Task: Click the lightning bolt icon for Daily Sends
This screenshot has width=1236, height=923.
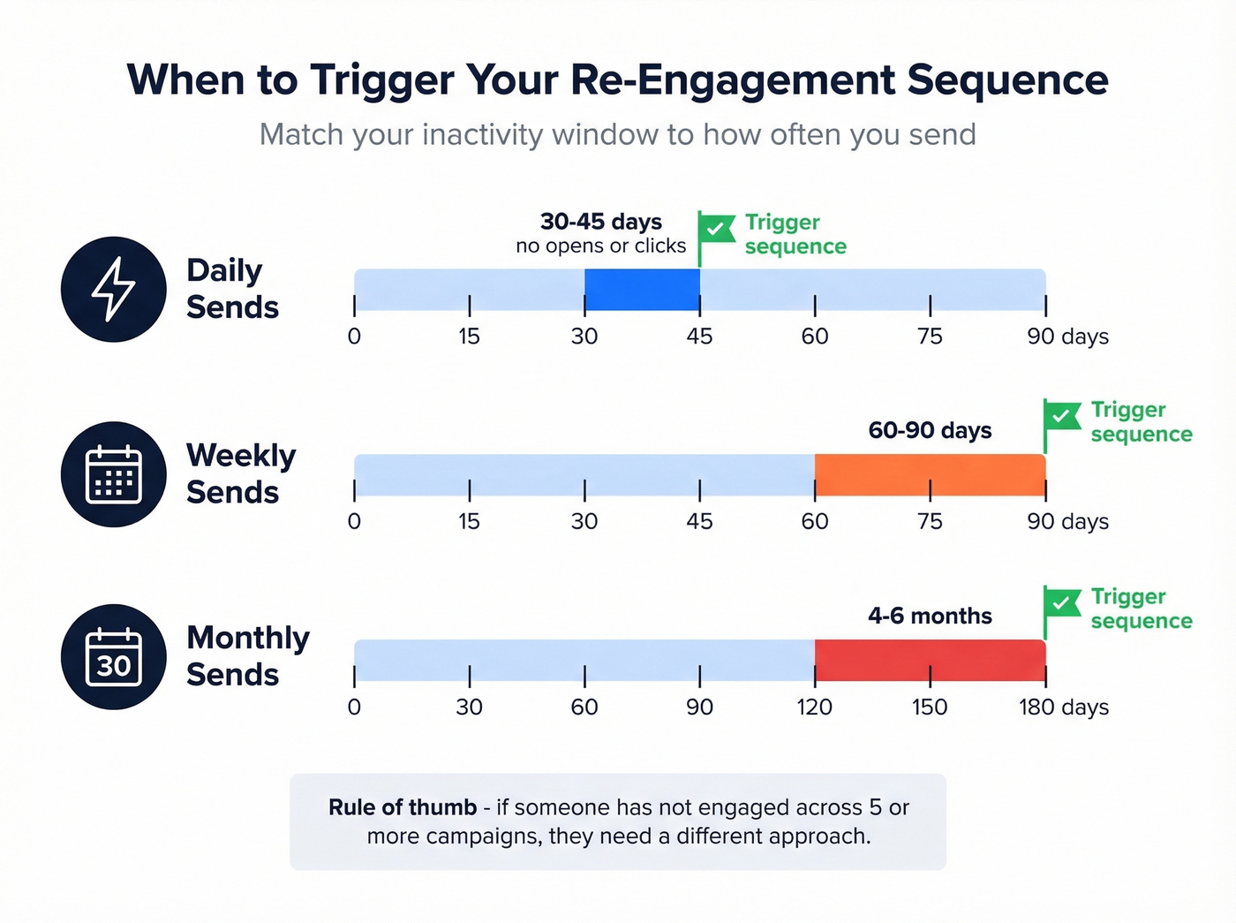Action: (113, 289)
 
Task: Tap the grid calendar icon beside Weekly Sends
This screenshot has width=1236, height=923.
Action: (113, 474)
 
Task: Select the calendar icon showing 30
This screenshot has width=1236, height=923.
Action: (113, 657)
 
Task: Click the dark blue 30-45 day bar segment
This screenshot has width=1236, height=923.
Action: (642, 289)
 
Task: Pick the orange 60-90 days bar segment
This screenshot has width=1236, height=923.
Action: (930, 474)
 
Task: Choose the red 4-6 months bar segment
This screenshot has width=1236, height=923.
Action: (930, 660)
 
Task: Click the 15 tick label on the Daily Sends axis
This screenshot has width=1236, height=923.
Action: (469, 337)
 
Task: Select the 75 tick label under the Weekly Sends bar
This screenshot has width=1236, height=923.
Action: (930, 521)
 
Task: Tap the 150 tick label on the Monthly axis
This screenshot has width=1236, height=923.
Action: (930, 707)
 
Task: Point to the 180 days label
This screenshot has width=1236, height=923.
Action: (1063, 707)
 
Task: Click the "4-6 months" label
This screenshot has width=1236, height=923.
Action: (930, 616)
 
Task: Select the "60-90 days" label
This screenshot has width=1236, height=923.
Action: (930, 430)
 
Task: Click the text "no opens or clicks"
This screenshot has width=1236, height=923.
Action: (600, 246)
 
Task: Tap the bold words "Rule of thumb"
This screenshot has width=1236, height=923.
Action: (403, 807)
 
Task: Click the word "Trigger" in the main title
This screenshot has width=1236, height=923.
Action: (382, 79)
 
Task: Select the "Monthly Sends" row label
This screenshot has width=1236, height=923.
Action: (247, 655)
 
